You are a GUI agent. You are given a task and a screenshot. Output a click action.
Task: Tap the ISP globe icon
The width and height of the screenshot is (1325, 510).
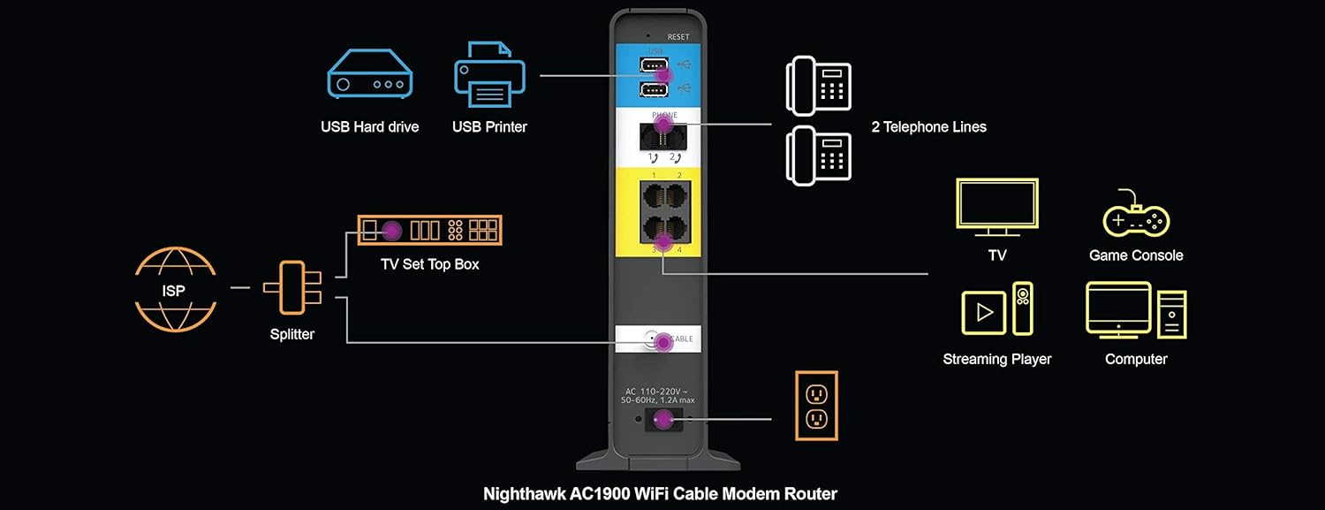click(176, 289)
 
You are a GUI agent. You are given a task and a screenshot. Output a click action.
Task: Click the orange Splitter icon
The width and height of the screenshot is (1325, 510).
click(291, 287)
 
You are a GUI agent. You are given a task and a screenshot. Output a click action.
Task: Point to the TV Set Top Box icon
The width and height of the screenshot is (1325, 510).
click(429, 230)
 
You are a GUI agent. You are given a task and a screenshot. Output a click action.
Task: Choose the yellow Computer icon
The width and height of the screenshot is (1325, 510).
click(1136, 311)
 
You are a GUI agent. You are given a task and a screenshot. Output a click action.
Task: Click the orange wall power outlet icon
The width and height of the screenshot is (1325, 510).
click(816, 405)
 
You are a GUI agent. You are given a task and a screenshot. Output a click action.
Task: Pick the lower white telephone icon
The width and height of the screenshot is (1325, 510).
click(818, 156)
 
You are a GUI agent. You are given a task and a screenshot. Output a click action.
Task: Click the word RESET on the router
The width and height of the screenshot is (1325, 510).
click(678, 37)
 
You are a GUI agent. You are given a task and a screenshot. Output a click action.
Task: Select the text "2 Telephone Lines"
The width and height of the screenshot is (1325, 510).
click(928, 127)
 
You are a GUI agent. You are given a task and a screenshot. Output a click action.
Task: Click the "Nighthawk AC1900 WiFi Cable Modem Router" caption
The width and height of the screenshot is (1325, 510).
click(660, 494)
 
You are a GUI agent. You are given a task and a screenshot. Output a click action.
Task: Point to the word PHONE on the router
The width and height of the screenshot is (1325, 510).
click(664, 116)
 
